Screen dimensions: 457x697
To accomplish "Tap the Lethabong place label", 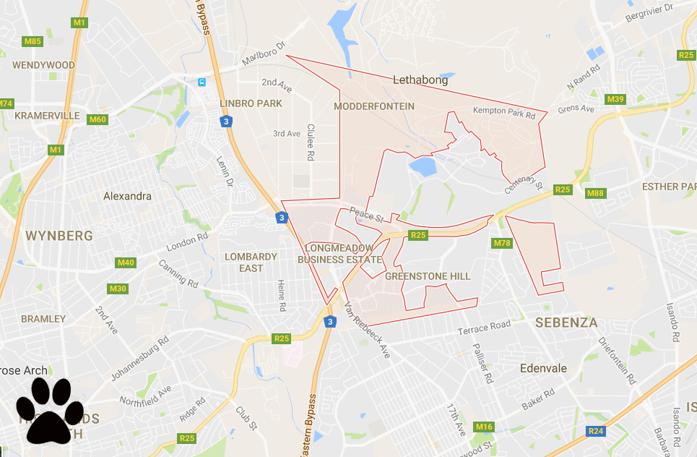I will (420, 80).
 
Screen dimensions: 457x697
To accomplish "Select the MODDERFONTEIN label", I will (375, 106).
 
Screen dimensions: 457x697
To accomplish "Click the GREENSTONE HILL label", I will (428, 276).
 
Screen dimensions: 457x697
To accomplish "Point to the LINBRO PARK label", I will (251, 103).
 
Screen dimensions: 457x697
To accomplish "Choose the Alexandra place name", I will (127, 196).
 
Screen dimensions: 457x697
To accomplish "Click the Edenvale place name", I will (543, 368).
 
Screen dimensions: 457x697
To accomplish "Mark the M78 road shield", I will (503, 243).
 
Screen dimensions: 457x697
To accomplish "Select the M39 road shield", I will (616, 99).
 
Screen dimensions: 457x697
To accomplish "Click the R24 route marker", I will (596, 432).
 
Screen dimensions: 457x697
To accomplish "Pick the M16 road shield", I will (484, 427).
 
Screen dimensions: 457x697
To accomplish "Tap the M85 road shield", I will (33, 41).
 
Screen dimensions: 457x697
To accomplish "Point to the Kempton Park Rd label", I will (504, 113).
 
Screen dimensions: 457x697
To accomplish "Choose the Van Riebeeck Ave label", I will (368, 329).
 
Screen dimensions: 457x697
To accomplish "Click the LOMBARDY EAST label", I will (251, 262).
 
